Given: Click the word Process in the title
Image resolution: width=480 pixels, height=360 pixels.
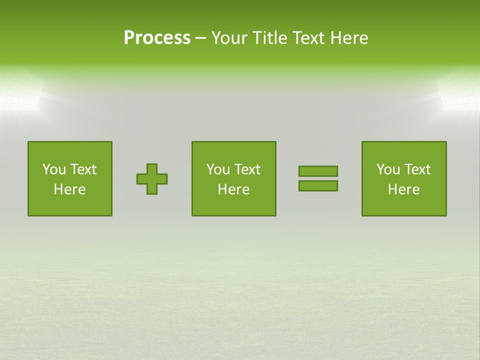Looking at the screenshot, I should [157, 38].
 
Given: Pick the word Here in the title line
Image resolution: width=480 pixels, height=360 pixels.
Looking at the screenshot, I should [349, 38].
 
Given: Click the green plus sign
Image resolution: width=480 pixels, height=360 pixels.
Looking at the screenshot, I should [152, 179].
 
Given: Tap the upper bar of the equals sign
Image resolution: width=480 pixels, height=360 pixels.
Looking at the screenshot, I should [318, 171].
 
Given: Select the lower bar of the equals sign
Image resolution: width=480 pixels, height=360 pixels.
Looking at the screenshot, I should [318, 186].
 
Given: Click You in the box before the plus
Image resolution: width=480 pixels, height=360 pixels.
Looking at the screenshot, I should [54, 169].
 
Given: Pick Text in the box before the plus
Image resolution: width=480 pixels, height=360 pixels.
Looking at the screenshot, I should [83, 169].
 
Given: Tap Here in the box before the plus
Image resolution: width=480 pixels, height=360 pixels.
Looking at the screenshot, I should [69, 189].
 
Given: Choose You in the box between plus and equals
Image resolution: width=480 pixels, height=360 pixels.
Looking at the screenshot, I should [218, 169].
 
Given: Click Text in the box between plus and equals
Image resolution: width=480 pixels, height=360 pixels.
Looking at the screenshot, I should [247, 169].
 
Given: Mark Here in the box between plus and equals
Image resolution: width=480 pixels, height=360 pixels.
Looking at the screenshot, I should [233, 189].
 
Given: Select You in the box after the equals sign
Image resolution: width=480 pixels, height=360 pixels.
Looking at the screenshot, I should [388, 169].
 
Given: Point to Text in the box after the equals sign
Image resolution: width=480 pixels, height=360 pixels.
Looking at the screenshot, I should [417, 169].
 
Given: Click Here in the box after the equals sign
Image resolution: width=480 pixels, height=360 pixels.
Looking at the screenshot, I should [403, 189].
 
